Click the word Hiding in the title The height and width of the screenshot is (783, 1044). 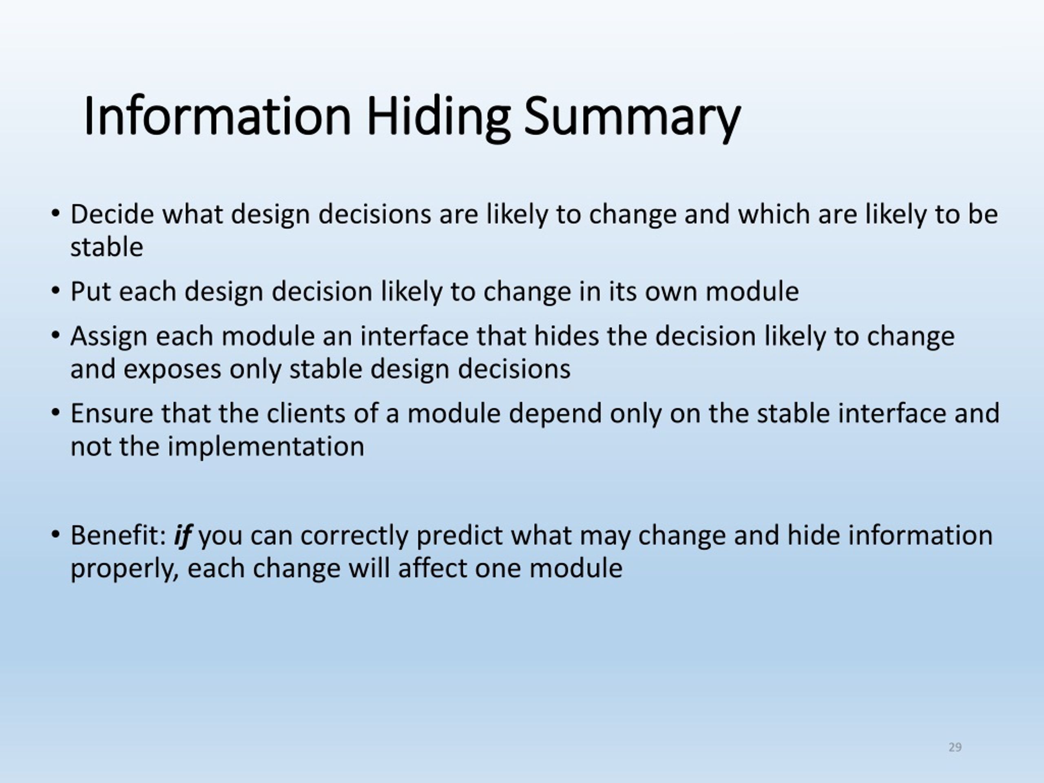(438, 117)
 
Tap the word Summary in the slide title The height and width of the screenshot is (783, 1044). (632, 117)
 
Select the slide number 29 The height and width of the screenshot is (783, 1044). (955, 747)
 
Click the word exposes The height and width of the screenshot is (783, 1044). (172, 369)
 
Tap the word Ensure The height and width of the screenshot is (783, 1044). (112, 414)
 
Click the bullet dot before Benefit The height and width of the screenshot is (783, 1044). (56, 535)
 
